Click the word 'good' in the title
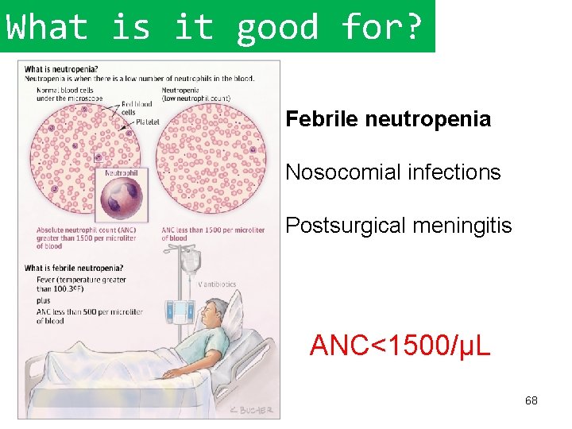pos(277,27)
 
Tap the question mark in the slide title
pos(414,27)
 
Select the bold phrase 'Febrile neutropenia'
pos(388,120)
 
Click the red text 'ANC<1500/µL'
pos(400,346)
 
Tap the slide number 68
pos(531,400)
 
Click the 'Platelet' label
pos(147,122)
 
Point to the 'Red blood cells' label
pos(137,108)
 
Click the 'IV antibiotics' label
pos(217,284)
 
